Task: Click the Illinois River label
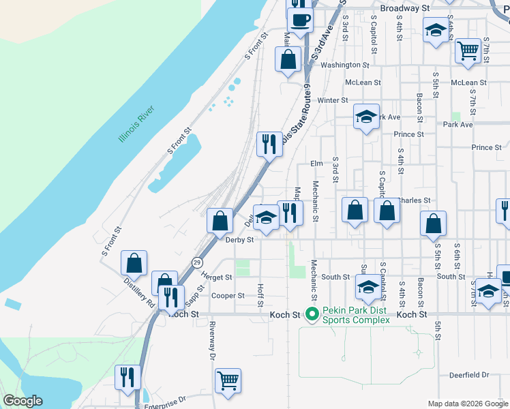137,123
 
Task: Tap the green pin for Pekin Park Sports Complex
312,314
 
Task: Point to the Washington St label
344,65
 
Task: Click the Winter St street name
333,100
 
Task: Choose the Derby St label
239,240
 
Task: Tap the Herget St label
217,277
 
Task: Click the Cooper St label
228,296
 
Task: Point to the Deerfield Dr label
469,375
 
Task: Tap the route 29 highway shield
196,262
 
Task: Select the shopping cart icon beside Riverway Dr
228,380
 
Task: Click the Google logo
22,401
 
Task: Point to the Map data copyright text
468,404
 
